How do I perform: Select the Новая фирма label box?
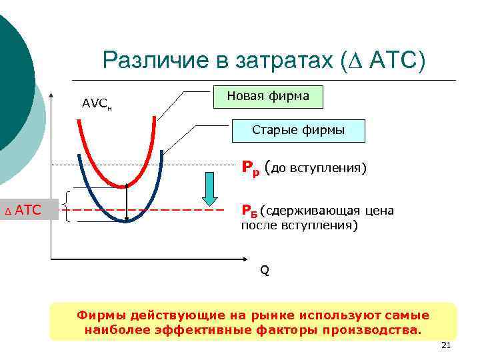point(268,97)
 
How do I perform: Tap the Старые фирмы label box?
point(298,131)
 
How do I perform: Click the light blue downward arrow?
point(210,189)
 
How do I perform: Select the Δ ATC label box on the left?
point(29,211)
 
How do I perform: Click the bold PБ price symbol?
point(249,212)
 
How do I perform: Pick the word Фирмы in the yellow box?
point(99,315)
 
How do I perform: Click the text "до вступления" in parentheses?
point(317,168)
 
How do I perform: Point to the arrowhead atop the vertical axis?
point(52,93)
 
